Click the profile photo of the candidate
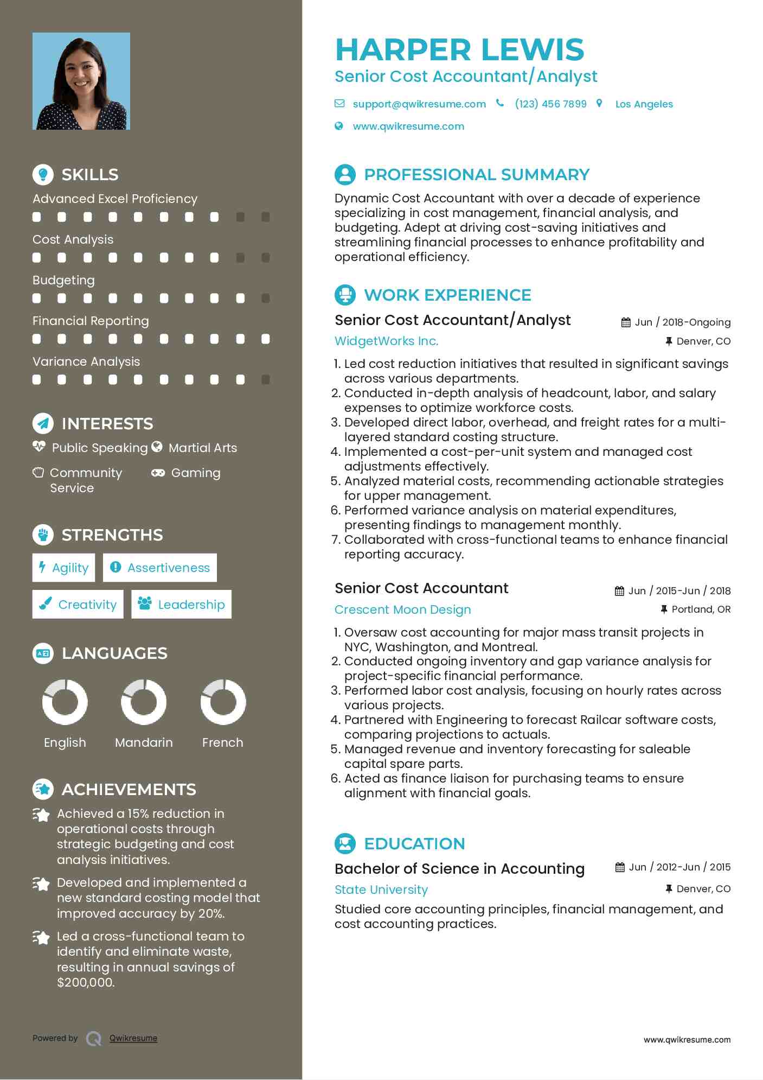[81, 81]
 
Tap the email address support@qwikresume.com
[419, 104]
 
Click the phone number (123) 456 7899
[550, 104]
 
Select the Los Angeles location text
[644, 104]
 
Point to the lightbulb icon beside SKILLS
[43, 174]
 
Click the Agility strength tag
[64, 568]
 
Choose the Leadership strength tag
[181, 604]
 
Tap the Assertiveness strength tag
[160, 568]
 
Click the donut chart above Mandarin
[144, 702]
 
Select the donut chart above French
[223, 702]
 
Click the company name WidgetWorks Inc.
[386, 341]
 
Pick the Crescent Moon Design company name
[402, 609]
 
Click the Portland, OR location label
[701, 609]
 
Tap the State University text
[381, 890]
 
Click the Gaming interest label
[195, 473]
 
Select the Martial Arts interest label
[202, 448]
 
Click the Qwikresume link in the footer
[133, 1038]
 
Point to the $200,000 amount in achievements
[86, 982]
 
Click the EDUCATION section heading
[414, 844]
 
